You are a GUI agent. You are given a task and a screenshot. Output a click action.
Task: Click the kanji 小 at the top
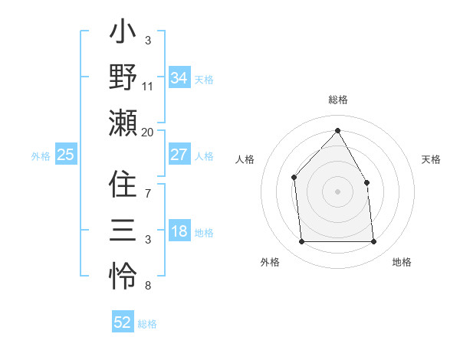pos(123,34)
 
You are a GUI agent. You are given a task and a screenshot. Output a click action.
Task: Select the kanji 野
pos(123,77)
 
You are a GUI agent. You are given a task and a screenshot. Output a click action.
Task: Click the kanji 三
pos(123,230)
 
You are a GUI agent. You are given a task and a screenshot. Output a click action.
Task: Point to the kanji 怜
pos(123,273)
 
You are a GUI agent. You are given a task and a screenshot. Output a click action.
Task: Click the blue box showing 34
pos(179,77)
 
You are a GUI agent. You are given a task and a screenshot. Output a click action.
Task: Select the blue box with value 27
pos(179,155)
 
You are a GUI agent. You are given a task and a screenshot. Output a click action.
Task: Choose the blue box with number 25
pos(66,155)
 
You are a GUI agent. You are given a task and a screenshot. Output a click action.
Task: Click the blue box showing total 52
pos(123,322)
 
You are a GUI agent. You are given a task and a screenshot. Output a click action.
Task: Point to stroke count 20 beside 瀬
pos(148,132)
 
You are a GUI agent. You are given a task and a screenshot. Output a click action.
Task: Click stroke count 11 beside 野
pos(148,87)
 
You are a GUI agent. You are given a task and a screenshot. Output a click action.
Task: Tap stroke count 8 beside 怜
pos(148,286)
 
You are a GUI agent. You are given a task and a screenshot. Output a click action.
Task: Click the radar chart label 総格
pos(337,100)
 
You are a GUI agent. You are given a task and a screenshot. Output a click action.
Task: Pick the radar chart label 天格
pos(431,159)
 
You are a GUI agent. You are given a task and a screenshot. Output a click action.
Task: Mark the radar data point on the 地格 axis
pos(373,242)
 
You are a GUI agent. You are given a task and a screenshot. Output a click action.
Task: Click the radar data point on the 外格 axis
pos(302,242)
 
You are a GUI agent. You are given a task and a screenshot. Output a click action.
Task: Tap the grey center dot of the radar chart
pos(337,191)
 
